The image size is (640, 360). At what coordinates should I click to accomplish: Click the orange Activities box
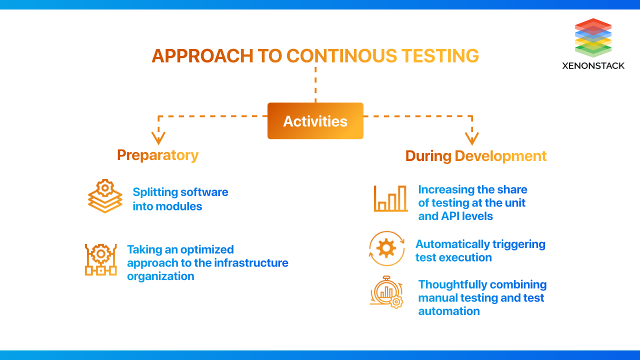tap(315, 121)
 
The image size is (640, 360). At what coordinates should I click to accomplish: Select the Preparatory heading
tap(157, 155)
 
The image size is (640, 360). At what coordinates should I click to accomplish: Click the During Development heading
tap(475, 156)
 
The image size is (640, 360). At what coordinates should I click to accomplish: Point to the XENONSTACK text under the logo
tap(593, 65)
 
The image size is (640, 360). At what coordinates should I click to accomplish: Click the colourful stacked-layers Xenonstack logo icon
tap(593, 37)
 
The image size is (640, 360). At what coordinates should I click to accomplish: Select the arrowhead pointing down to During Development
tap(471, 138)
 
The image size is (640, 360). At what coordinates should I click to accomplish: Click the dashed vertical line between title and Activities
tap(315, 85)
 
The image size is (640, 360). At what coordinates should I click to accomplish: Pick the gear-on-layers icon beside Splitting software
tap(105, 196)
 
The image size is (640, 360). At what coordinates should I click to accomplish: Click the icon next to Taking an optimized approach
tap(100, 259)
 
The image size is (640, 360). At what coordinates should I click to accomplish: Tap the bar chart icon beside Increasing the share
tap(390, 198)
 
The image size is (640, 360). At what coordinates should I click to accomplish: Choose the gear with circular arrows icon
tap(386, 248)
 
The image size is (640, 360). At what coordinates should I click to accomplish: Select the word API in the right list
tap(452, 216)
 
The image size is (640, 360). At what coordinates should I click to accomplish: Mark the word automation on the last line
tap(448, 311)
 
